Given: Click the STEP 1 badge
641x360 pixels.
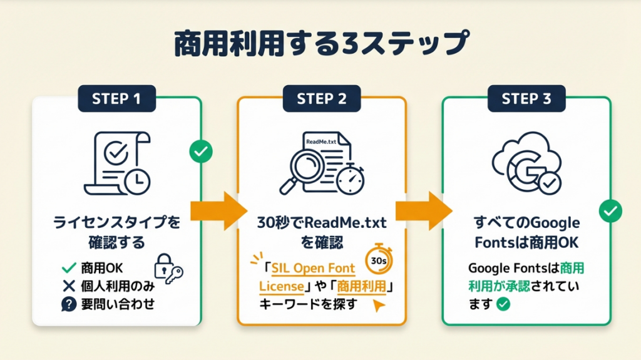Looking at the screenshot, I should tap(116, 99).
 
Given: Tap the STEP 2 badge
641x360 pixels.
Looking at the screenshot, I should tap(321, 99).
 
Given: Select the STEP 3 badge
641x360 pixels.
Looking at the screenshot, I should tap(526, 99).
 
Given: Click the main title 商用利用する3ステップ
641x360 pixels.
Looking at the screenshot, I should tap(320, 44).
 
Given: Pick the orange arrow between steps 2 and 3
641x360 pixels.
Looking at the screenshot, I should tap(423, 211).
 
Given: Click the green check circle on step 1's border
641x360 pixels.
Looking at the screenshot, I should tap(202, 151).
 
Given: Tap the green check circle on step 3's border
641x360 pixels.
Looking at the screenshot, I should tap(610, 211).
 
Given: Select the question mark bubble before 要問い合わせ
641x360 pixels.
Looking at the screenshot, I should tap(69, 305).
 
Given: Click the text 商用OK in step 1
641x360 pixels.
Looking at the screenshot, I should tap(102, 268).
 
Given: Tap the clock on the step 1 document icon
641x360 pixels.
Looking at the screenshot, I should tap(136, 180).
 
